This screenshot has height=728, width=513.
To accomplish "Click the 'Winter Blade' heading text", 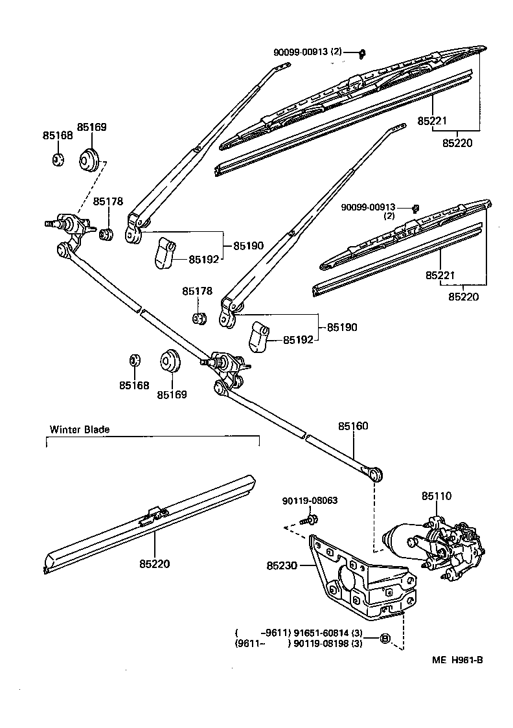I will (x=80, y=429).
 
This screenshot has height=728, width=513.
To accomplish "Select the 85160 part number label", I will (x=352, y=427).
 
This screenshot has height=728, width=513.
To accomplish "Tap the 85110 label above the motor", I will (x=437, y=496).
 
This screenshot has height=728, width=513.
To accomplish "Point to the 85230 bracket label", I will (x=282, y=565).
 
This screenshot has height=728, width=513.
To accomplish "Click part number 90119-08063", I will (x=310, y=501).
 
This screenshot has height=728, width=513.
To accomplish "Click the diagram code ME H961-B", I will (x=458, y=660).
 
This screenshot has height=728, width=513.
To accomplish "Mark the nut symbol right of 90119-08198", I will (x=385, y=639).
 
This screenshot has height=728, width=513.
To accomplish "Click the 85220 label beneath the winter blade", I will (x=154, y=563).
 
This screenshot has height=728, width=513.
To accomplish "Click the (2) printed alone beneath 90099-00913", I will (x=389, y=216).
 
